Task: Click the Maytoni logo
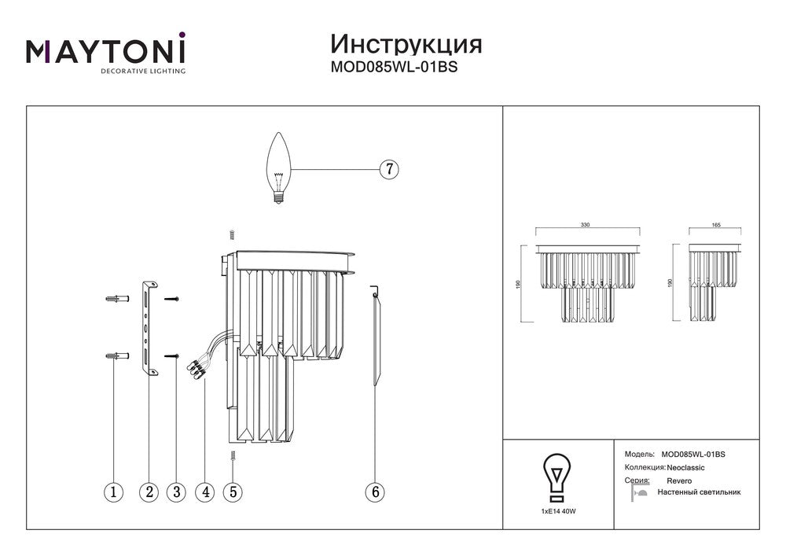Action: [x=106, y=53]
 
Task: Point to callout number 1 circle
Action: [x=114, y=492]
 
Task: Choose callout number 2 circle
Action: [x=149, y=492]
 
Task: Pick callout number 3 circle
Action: [x=176, y=492]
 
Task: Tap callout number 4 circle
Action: [x=205, y=492]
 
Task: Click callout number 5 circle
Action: [x=232, y=492]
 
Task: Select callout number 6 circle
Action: [x=375, y=492]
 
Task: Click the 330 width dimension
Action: [x=585, y=225]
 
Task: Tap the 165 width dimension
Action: [x=715, y=225]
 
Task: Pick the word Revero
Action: [x=679, y=480]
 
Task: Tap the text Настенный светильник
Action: [x=703, y=492]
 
